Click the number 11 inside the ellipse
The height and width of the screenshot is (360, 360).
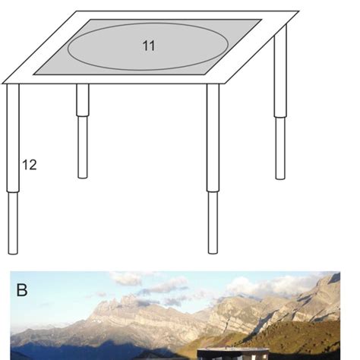pyautogui.click(x=148, y=46)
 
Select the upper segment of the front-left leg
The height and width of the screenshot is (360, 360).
pyautogui.click(x=13, y=137)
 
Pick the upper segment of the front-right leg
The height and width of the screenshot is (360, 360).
pyautogui.click(x=213, y=137)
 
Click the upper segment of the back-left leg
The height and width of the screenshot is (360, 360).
pyautogui.click(x=82, y=99)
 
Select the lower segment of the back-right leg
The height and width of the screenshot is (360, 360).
pyautogui.click(x=280, y=147)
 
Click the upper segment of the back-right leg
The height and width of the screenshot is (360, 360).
pyautogui.click(x=281, y=76)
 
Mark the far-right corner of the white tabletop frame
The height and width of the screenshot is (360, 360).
pyautogui.click(x=297, y=13)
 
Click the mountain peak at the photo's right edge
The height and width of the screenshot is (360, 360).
pyautogui.click(x=330, y=283)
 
